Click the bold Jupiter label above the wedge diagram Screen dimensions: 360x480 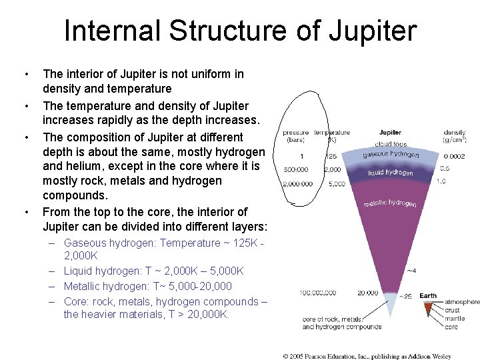click(390, 133)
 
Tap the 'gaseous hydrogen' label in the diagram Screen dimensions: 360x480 click(391, 154)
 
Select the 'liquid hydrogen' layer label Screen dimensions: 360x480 click(390, 172)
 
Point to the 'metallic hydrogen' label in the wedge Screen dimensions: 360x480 click(390, 202)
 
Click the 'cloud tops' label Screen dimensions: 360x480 click(391, 143)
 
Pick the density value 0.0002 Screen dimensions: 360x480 click(454, 156)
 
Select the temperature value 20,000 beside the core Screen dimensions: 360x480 click(367, 293)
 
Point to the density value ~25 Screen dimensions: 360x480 click(406, 296)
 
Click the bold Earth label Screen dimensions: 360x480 click(428, 296)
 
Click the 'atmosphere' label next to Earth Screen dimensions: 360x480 click(461, 302)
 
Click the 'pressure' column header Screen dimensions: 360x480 click(295, 133)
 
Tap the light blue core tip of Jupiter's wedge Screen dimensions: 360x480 click(391, 304)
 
